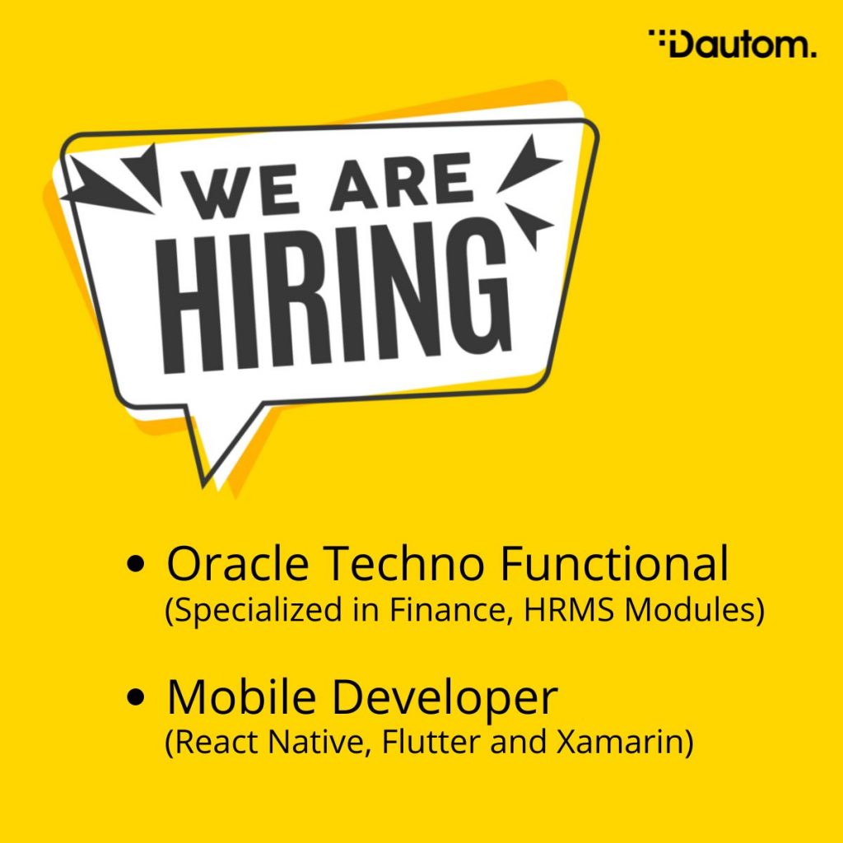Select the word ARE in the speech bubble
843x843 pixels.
pos(403,179)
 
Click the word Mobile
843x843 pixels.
pos(241,696)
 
